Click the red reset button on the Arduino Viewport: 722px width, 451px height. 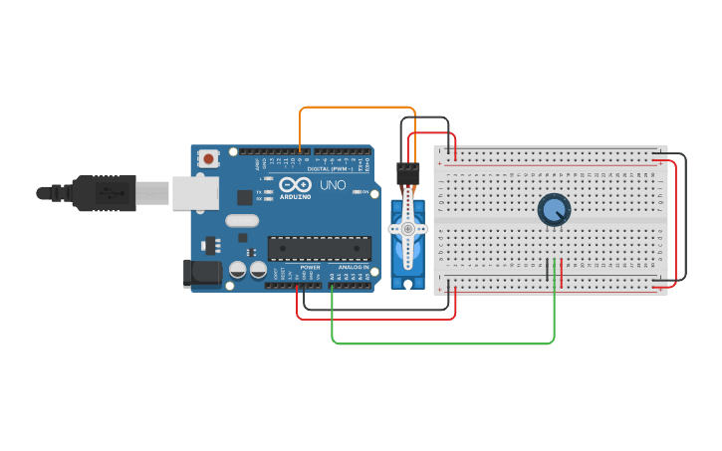tap(209, 158)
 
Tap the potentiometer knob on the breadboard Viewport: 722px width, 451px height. tap(554, 209)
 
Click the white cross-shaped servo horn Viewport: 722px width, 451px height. tap(406, 229)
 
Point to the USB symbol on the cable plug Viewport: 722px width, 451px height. tap(102, 193)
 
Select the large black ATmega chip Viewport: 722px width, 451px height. tap(319, 248)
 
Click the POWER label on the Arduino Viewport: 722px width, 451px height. tap(310, 268)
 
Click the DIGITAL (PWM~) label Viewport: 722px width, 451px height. tap(334, 168)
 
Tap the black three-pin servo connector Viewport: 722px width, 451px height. tap(407, 170)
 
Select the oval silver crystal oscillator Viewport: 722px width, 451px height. tap(242, 221)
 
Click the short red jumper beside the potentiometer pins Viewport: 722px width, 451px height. tap(562, 272)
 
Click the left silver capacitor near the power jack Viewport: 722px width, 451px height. tap(238, 270)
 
